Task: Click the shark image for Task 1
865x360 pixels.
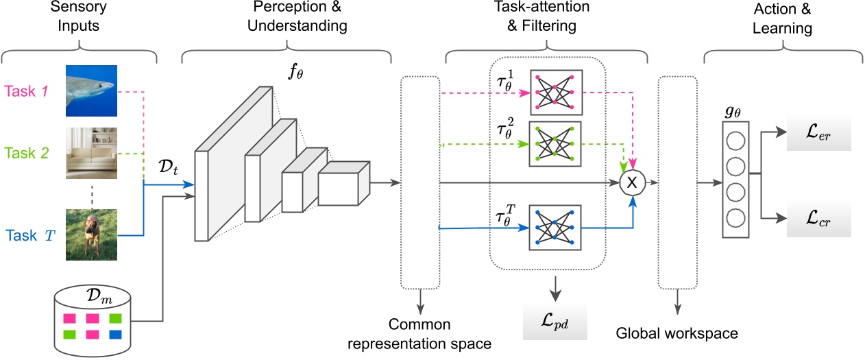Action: (92, 91)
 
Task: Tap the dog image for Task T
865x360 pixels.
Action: (92, 235)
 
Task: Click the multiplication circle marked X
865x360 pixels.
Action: (632, 182)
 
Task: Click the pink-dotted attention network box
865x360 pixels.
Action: (555, 92)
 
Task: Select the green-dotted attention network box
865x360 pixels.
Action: (555, 144)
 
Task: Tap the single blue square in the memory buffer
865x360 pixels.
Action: (115, 335)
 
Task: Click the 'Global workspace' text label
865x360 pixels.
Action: (677, 334)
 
